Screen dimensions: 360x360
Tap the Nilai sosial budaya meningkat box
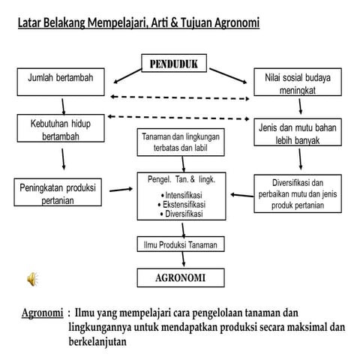[x=297, y=83]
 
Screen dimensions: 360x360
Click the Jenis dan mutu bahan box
[x=297, y=133]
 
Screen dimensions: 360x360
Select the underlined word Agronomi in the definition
[x=42, y=312]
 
